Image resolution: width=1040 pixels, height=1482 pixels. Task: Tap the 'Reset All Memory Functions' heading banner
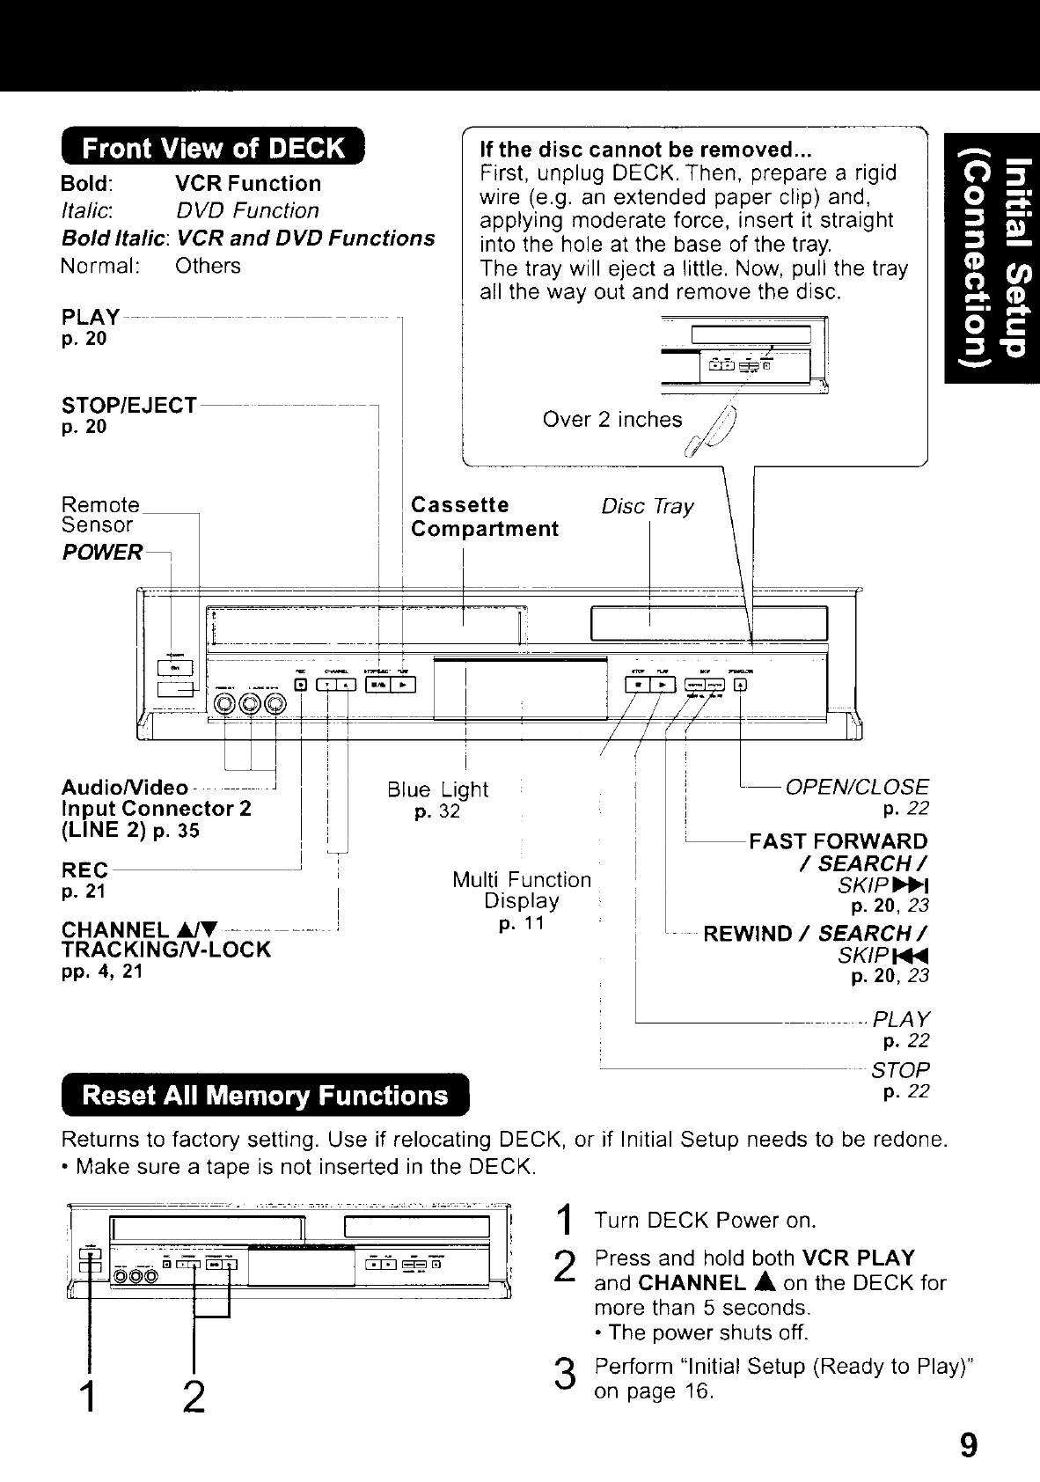click(x=265, y=1096)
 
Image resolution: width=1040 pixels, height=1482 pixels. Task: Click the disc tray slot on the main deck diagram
click(x=709, y=624)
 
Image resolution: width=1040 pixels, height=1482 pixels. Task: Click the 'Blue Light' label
click(x=437, y=789)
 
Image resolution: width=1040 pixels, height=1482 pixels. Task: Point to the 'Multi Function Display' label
click(x=522, y=891)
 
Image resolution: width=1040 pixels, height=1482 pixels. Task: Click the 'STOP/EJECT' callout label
click(x=128, y=406)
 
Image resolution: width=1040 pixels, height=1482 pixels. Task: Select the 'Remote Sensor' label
click(x=99, y=515)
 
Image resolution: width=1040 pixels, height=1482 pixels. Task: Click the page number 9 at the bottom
click(x=968, y=1445)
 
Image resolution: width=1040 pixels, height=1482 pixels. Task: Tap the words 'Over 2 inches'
click(x=612, y=420)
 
